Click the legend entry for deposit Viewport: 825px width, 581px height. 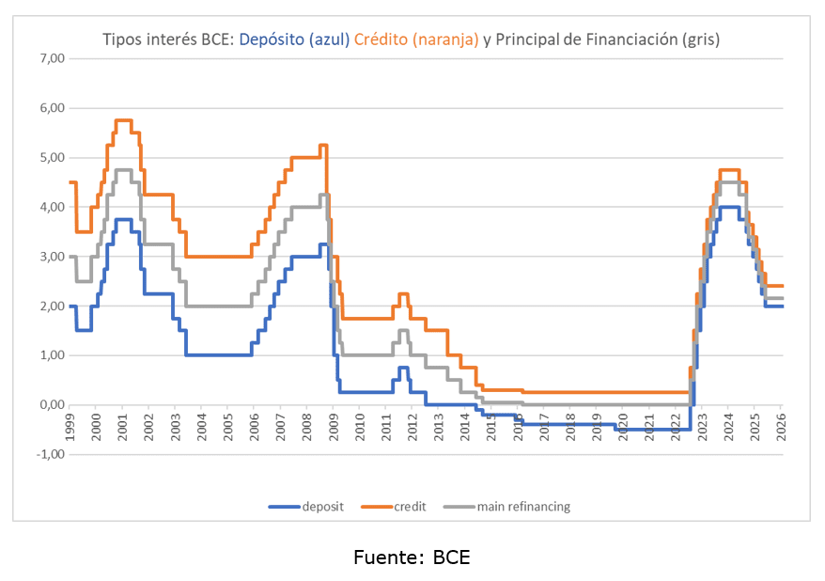pos(322,507)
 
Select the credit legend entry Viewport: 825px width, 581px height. pos(410,507)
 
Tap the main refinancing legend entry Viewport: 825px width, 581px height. pos(522,507)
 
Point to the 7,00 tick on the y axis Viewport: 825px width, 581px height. pos(51,58)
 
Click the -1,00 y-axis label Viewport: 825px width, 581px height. pos(49,454)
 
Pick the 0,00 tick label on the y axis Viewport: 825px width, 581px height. pos(51,405)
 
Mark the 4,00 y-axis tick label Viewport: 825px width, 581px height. pos(51,207)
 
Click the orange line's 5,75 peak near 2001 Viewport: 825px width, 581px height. pos(123,120)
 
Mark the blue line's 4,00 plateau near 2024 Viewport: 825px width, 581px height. pos(728,207)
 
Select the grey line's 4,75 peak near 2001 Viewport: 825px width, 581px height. pos(123,170)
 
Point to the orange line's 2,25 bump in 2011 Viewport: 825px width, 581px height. pos(403,294)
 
